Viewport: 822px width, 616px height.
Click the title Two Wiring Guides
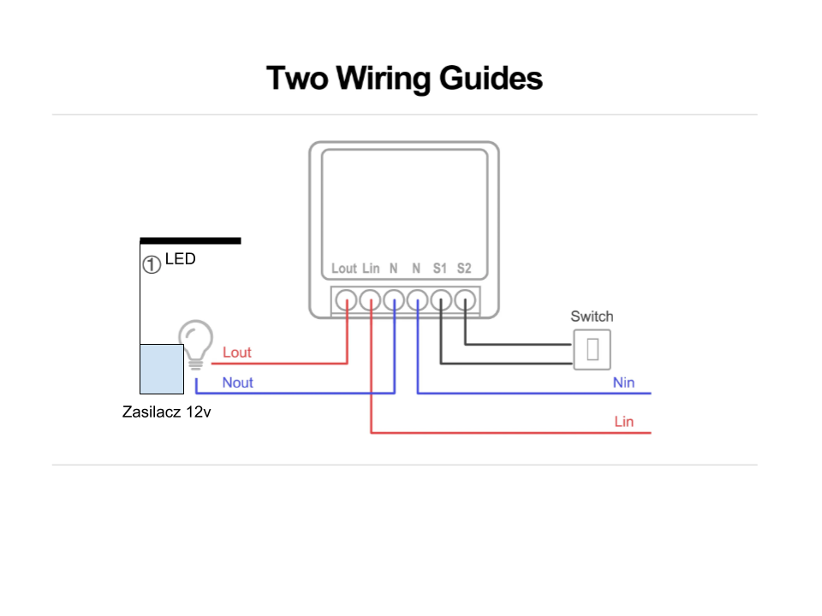(404, 78)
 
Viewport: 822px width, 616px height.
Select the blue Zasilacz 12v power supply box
(162, 369)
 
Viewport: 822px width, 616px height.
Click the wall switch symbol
(592, 349)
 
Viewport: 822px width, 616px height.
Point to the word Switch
(592, 317)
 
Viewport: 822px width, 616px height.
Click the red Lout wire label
(237, 352)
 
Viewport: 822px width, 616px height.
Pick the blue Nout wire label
(237, 382)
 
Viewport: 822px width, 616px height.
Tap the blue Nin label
(624, 382)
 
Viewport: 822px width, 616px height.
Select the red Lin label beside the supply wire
(624, 422)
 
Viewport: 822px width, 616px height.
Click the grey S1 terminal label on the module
(440, 269)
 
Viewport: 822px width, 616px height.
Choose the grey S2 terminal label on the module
(464, 269)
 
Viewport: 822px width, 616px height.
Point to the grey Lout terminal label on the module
(344, 269)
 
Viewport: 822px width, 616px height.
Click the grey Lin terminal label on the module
(371, 269)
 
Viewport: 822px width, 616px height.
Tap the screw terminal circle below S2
(465, 300)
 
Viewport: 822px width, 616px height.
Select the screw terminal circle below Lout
(346, 300)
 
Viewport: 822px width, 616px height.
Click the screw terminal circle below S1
(441, 300)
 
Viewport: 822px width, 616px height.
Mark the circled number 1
(152, 264)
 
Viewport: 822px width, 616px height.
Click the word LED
(181, 258)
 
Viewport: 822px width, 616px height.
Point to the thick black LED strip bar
(190, 241)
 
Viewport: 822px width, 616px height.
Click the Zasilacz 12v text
(167, 412)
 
